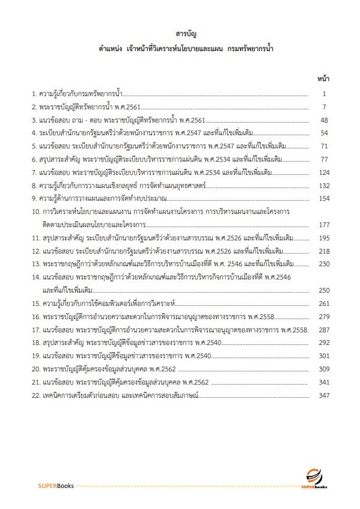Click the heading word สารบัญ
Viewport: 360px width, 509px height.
pos(180,33)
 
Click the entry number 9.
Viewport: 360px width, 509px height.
pos(34,198)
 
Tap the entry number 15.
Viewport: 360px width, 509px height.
pos(35,303)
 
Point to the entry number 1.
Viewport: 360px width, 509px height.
pos(34,94)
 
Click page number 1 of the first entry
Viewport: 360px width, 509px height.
pos(324,94)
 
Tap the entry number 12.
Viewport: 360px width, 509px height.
pos(35,251)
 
